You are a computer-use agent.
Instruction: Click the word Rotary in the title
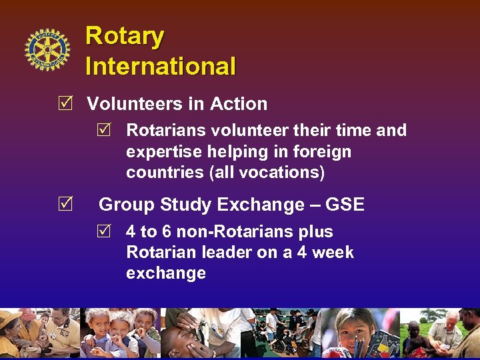click(125, 36)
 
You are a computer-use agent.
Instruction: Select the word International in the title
click(161, 66)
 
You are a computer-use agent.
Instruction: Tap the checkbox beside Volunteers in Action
click(65, 103)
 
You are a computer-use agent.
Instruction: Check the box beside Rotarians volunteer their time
click(103, 130)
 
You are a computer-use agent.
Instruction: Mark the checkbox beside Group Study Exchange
click(65, 205)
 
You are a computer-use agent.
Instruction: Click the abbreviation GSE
click(345, 205)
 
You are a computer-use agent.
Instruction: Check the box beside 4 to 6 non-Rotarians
click(103, 232)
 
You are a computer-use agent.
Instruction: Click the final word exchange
click(166, 273)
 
